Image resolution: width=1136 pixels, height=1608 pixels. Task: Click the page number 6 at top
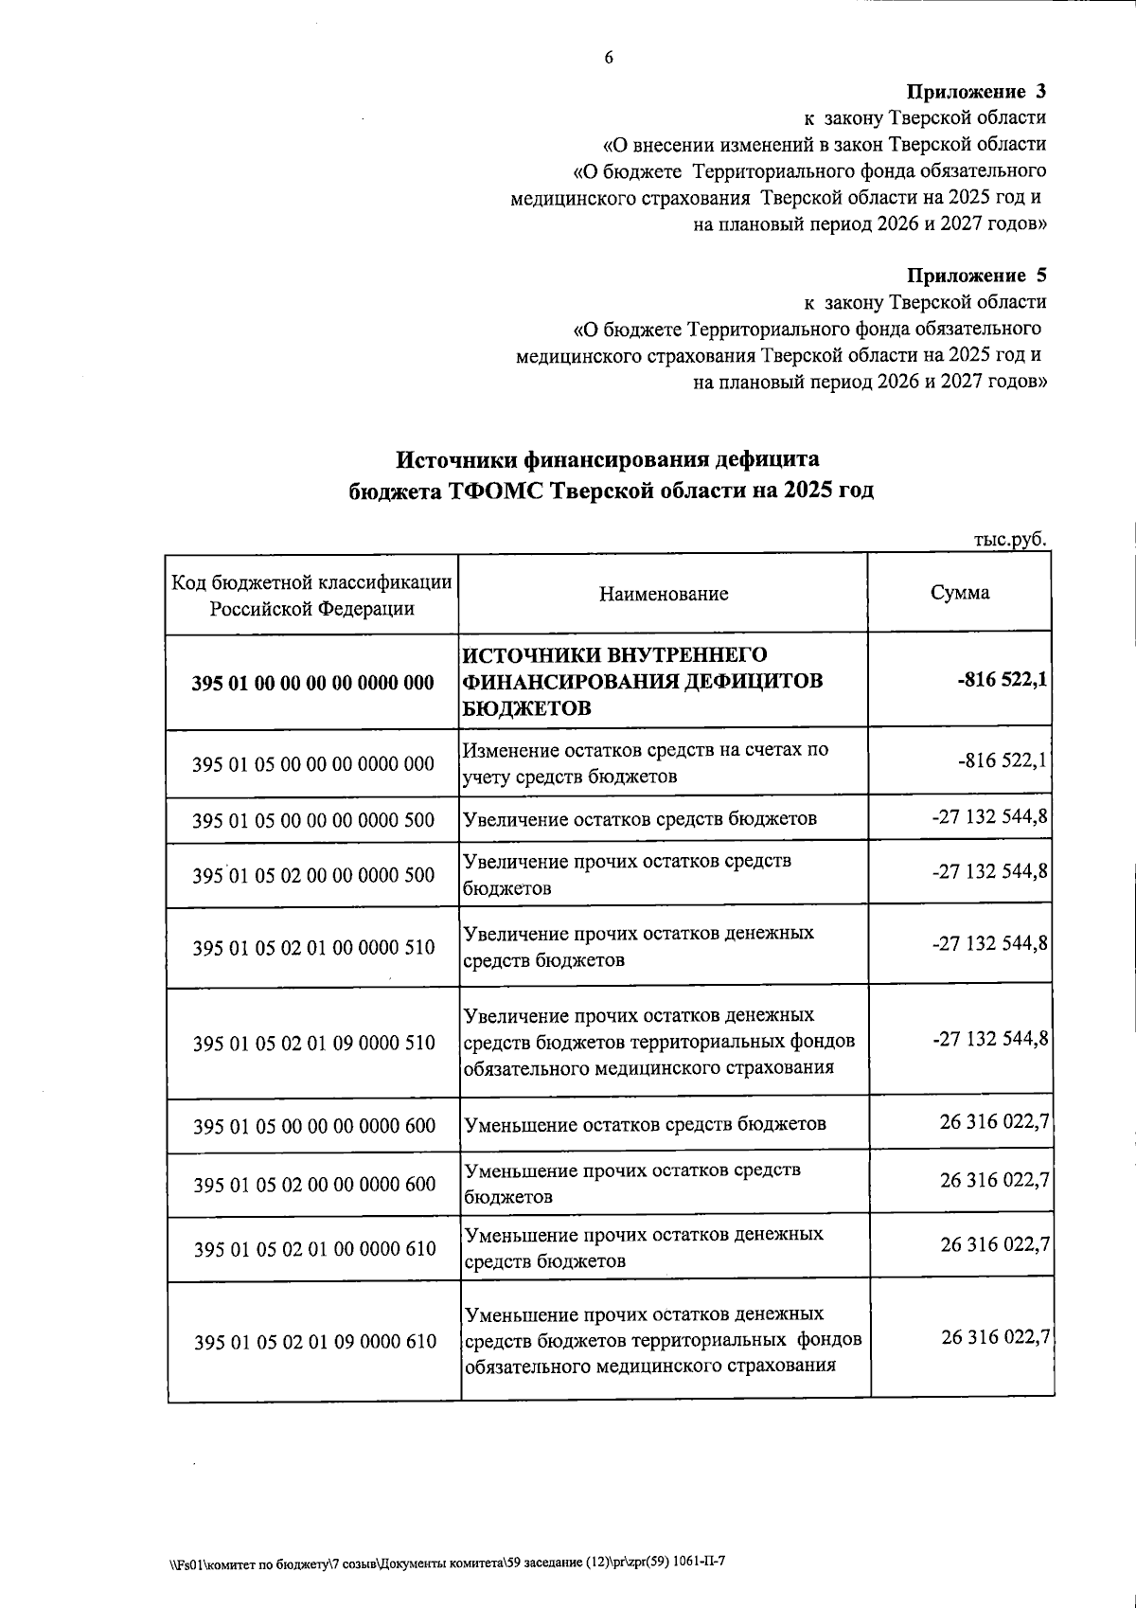pyautogui.click(x=609, y=58)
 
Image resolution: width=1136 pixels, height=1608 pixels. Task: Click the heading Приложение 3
pyautogui.click(x=976, y=92)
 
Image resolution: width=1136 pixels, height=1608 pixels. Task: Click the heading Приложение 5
pyautogui.click(x=976, y=276)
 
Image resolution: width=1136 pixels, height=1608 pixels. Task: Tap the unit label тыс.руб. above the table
pyautogui.click(x=1010, y=539)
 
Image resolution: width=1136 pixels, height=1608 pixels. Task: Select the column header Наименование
pyautogui.click(x=664, y=594)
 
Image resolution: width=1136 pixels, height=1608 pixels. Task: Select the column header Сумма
pyautogui.click(x=960, y=593)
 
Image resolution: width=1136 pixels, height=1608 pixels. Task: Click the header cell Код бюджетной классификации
pyautogui.click(x=311, y=595)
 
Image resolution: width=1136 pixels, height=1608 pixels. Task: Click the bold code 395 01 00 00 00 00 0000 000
pyautogui.click(x=312, y=683)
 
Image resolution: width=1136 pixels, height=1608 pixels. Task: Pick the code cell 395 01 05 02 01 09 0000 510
pyautogui.click(x=314, y=1043)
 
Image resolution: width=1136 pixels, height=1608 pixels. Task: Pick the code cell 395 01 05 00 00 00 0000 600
pyautogui.click(x=314, y=1126)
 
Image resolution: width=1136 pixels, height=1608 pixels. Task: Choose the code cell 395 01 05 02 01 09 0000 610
pyautogui.click(x=315, y=1341)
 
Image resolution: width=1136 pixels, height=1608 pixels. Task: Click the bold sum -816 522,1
pyautogui.click(x=1002, y=679)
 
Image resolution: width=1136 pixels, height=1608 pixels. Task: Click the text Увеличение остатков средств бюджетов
pyautogui.click(x=639, y=818)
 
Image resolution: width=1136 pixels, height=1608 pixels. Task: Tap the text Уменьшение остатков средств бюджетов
pyautogui.click(x=645, y=1124)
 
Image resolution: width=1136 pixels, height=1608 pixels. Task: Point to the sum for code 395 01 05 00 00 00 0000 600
pyautogui.click(x=994, y=1122)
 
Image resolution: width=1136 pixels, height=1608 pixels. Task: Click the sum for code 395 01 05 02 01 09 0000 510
pyautogui.click(x=990, y=1039)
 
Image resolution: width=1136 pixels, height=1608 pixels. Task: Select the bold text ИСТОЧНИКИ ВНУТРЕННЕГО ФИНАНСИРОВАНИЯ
pyautogui.click(x=642, y=668)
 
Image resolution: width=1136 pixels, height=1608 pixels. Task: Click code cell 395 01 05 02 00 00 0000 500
pyautogui.click(x=313, y=875)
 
